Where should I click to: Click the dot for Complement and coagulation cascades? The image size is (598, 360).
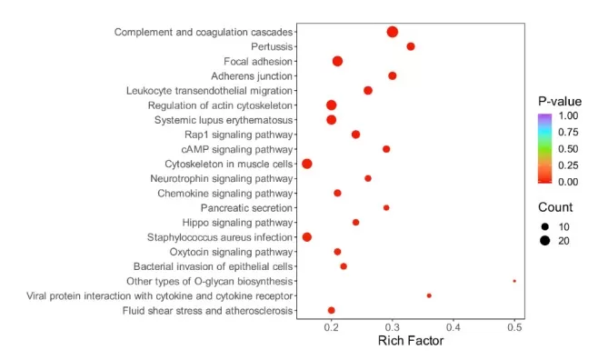click(392, 32)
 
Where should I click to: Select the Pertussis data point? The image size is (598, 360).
click(411, 46)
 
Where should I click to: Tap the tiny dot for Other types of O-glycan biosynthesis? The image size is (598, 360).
click(514, 281)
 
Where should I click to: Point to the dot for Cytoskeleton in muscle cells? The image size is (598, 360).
click(307, 164)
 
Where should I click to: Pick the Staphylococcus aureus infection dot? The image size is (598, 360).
click(306, 237)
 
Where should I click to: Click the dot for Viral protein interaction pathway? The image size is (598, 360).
click(429, 295)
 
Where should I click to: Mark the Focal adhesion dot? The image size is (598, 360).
click(337, 61)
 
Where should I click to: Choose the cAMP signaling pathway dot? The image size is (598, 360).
click(386, 149)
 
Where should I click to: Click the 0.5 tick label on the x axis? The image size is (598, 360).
click(514, 326)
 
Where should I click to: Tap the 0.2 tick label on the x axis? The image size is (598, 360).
click(332, 326)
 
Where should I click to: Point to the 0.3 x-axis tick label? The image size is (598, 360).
click(393, 326)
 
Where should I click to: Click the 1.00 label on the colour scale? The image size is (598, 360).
click(568, 116)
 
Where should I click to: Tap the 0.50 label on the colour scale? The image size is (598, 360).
click(568, 148)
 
